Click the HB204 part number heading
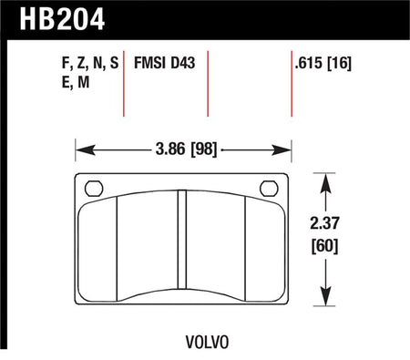[x=62, y=19]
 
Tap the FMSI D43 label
[x=164, y=63]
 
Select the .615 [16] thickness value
[x=323, y=63]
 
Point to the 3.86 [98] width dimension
[x=186, y=149]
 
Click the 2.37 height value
[x=324, y=223]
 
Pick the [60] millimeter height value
[x=324, y=245]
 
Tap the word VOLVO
[x=207, y=343]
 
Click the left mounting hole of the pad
[x=94, y=189]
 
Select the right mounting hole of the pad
[x=269, y=189]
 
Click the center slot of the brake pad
[x=182, y=240]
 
